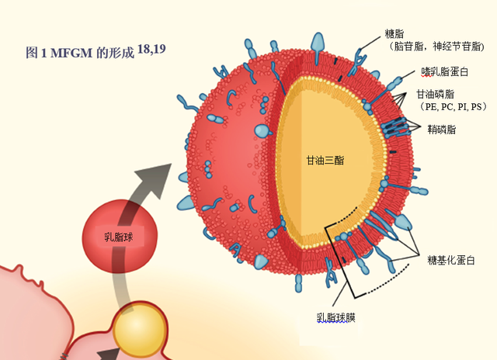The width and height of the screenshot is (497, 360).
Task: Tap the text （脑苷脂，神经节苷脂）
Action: point(439,47)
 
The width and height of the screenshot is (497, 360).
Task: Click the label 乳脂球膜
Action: point(336,317)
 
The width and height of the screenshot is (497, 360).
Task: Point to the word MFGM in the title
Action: point(71,54)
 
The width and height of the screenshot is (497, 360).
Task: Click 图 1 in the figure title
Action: point(36,54)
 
